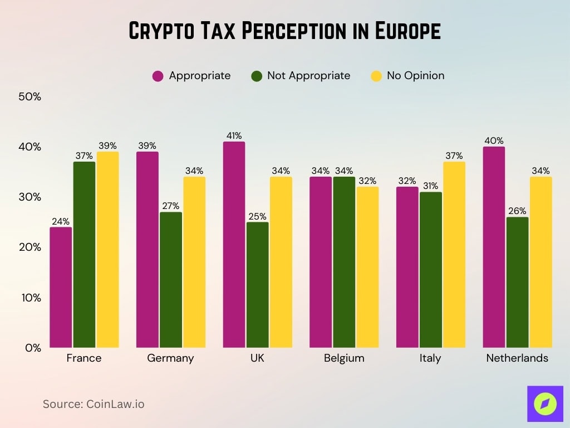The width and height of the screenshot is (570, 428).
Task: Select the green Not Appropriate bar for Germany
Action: (x=170, y=280)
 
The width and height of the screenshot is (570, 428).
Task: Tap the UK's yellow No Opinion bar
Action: (x=281, y=262)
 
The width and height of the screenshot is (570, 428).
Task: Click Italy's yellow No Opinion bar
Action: (x=454, y=255)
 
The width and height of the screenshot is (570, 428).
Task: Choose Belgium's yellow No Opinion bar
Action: (x=367, y=267)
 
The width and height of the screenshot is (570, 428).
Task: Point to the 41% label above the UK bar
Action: (x=234, y=135)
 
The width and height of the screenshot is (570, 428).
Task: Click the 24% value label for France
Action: (x=61, y=221)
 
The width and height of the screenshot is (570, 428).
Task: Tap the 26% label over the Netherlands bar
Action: (x=517, y=211)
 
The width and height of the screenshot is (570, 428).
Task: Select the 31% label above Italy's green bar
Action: (x=430, y=186)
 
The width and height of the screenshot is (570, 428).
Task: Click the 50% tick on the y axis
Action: (x=30, y=96)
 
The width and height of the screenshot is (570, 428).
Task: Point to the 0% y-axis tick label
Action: (x=33, y=348)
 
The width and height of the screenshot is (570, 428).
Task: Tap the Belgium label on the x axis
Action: (x=344, y=358)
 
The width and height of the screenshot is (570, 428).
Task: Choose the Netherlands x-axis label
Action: (x=517, y=358)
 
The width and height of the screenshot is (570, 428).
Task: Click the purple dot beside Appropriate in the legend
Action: (x=158, y=76)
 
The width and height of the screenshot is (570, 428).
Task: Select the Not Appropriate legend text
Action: (x=308, y=76)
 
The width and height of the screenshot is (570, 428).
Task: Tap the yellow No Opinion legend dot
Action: (x=376, y=76)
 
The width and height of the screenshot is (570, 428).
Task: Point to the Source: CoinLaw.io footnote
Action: (x=94, y=404)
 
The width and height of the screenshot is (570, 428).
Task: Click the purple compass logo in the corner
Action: (x=545, y=403)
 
